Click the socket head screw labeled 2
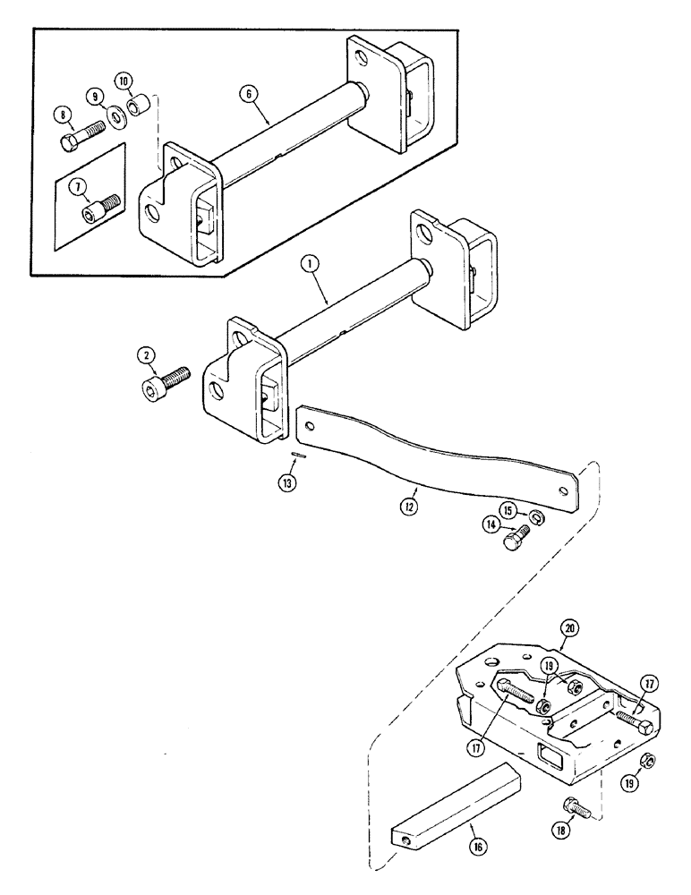(x=165, y=388)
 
